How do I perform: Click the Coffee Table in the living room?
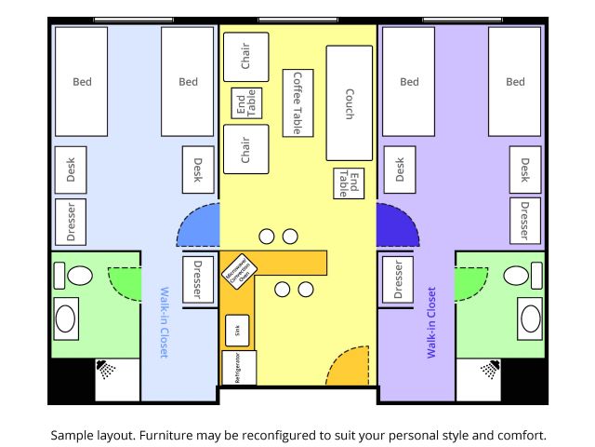point(297,103)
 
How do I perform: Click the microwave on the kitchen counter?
point(239,270)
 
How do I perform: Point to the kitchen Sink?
point(236,330)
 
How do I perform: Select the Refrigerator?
point(238,368)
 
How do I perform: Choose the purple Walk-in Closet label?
point(431,322)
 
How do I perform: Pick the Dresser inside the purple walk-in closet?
point(398,278)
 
